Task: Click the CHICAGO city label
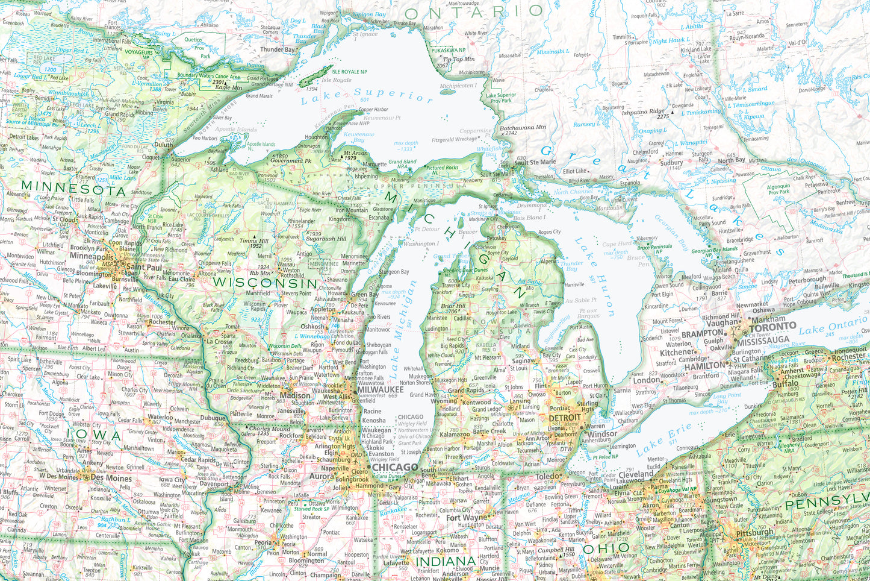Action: click(394, 467)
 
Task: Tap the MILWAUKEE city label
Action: click(381, 390)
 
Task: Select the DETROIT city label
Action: click(565, 417)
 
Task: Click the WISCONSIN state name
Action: click(265, 283)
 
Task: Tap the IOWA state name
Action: click(95, 435)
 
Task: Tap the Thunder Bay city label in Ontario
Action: click(278, 49)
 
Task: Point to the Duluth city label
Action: click(163, 145)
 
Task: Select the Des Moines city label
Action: click(112, 478)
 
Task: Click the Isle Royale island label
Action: click(337, 80)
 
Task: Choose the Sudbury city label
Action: click(671, 163)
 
